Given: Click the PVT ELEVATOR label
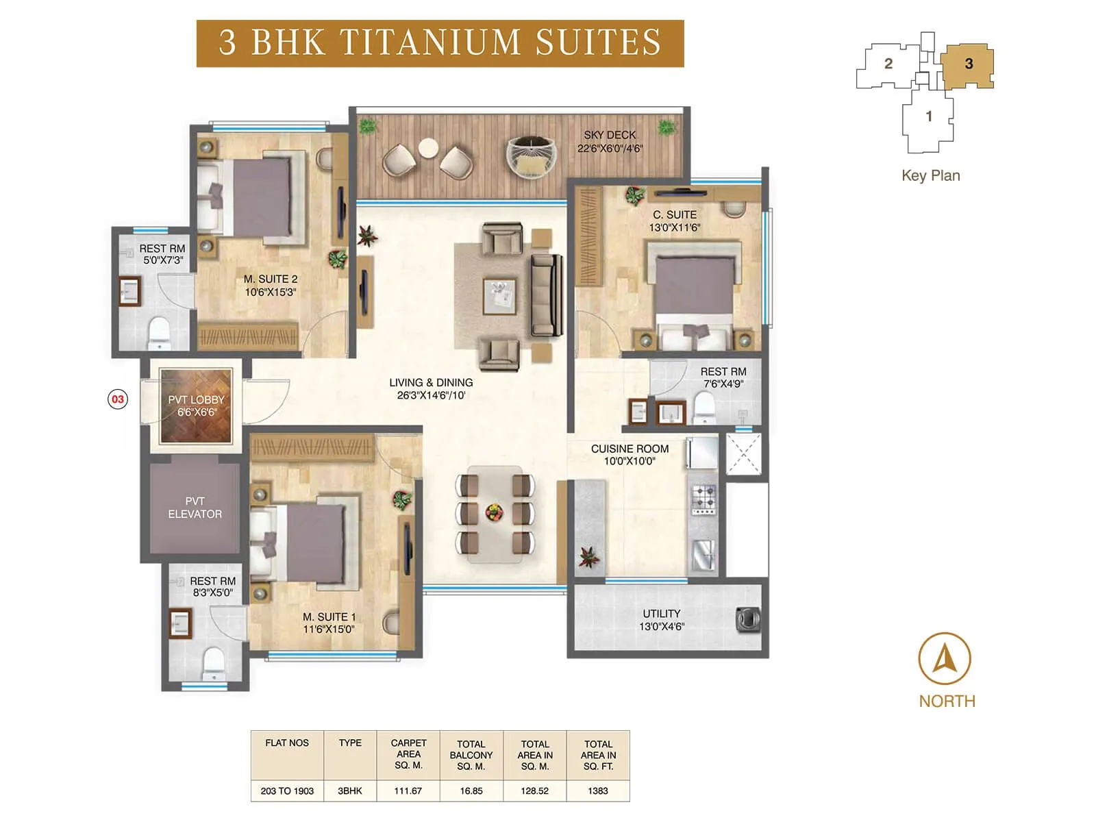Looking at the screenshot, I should [x=195, y=508].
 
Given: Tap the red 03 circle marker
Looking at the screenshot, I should [x=118, y=399].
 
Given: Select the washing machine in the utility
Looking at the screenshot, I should [x=747, y=619].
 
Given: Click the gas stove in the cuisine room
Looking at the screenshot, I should [x=703, y=499].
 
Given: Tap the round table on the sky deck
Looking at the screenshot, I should [x=428, y=148].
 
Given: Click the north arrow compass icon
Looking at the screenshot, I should [x=944, y=659].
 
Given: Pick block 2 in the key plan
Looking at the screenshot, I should [x=888, y=64].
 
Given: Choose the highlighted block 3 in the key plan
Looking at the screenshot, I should [x=968, y=64].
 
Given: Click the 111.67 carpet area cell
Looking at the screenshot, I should [x=408, y=790].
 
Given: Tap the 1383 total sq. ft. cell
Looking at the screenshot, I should [x=598, y=790].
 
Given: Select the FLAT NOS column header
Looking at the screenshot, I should [x=287, y=743].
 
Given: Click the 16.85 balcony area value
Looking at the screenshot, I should [x=471, y=790].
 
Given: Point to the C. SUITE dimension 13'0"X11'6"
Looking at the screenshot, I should [x=675, y=228].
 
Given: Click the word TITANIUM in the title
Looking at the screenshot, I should [x=430, y=42].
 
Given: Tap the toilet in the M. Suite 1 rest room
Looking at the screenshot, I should [x=213, y=662].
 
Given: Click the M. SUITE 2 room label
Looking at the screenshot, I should [x=271, y=279].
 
